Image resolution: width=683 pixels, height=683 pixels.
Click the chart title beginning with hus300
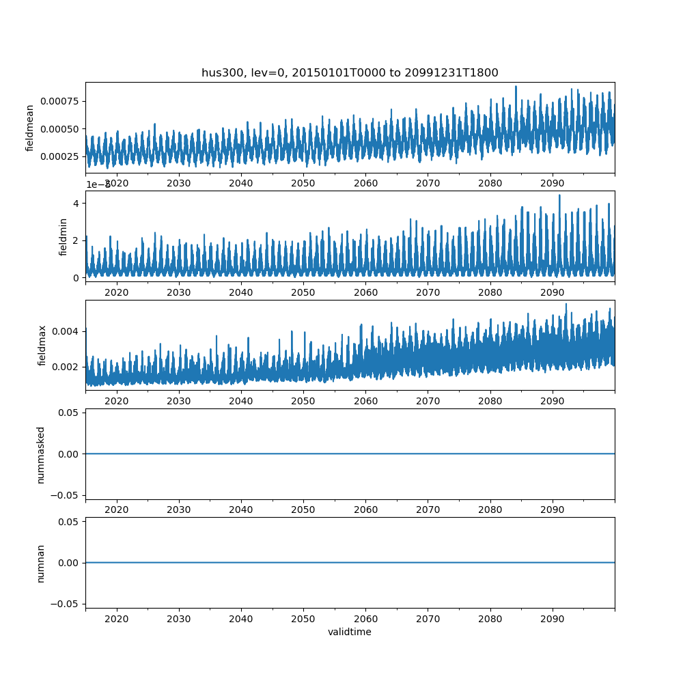[350, 72]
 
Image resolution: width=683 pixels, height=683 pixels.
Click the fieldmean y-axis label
[30, 128]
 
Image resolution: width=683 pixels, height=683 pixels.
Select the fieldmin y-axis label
[64, 236]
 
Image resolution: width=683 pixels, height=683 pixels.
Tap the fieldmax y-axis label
[42, 345]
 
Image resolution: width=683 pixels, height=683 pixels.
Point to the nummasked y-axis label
[41, 454]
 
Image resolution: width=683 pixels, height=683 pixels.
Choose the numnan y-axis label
[41, 563]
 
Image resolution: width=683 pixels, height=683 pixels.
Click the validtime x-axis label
[350, 632]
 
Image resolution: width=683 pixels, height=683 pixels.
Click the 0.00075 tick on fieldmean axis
[59, 101]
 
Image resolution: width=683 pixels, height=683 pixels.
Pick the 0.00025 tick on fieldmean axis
[59, 156]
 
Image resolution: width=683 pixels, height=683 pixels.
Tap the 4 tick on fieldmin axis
[77, 204]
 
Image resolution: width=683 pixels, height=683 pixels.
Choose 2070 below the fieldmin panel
[428, 292]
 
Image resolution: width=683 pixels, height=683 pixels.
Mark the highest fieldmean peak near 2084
[516, 87]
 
